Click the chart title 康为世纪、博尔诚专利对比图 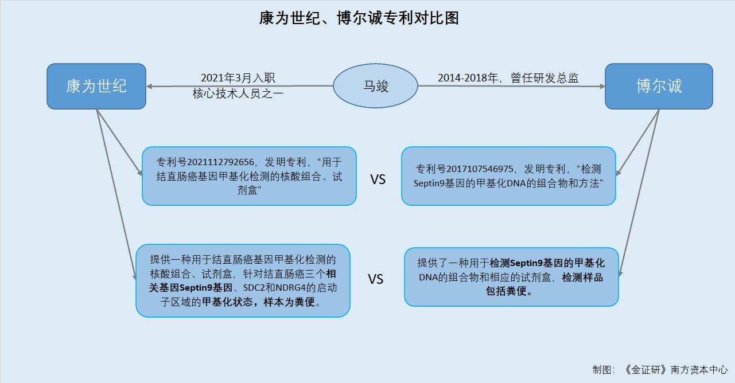click(359, 18)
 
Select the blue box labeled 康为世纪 click(96, 86)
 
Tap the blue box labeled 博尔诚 click(659, 86)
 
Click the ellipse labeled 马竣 click(376, 86)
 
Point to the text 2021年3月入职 click(238, 78)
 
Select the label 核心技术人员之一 click(238, 94)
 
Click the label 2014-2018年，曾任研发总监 click(508, 78)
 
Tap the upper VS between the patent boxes click(378, 179)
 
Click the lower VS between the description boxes click(375, 279)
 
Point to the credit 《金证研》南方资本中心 click(675, 370)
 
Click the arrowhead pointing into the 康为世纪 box click(149, 87)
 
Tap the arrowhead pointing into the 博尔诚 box click(602, 87)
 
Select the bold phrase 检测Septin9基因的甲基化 click(547, 263)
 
